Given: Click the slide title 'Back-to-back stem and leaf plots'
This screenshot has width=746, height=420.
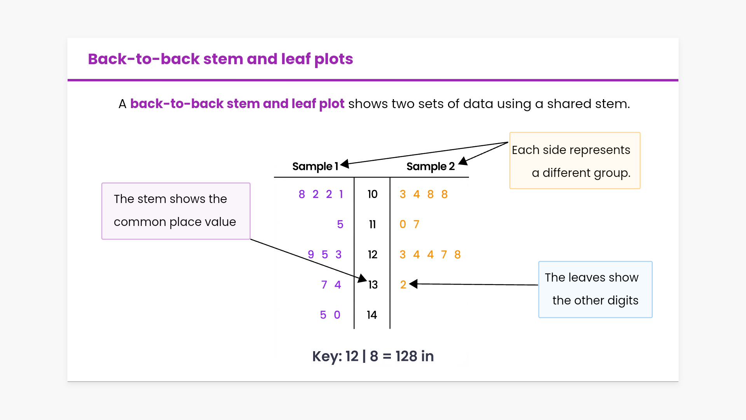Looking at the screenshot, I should click(220, 59).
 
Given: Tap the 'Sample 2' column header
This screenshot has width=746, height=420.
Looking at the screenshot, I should click(431, 166).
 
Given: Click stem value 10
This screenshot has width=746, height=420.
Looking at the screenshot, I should click(372, 194).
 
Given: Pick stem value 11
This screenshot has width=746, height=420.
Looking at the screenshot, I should click(372, 224).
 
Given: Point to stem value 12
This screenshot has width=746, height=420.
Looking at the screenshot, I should click(372, 255).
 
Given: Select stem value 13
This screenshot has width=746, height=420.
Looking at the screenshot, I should click(373, 285).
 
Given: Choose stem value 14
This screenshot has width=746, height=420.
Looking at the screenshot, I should click(372, 315).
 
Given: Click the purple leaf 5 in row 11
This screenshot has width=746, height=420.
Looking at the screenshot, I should click(340, 224).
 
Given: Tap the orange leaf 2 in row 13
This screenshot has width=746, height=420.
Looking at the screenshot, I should click(403, 285).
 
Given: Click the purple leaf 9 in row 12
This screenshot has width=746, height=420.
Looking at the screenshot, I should click(311, 255).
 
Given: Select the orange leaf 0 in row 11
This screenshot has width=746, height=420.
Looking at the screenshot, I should click(403, 224).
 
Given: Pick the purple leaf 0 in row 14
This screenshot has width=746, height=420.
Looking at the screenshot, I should click(337, 315).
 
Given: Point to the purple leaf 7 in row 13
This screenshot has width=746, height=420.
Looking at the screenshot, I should click(324, 285).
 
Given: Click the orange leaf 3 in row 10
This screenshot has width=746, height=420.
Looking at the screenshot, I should click(403, 194).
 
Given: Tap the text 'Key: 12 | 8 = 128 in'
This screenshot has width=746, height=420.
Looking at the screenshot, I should click(373, 356).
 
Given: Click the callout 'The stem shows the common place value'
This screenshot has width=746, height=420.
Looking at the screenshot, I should click(176, 211).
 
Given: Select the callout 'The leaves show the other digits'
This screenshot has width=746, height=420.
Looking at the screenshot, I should click(595, 289).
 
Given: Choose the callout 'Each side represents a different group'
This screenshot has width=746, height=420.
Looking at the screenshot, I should click(575, 161).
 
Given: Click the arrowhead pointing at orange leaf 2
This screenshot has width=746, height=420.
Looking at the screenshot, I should click(413, 284).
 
